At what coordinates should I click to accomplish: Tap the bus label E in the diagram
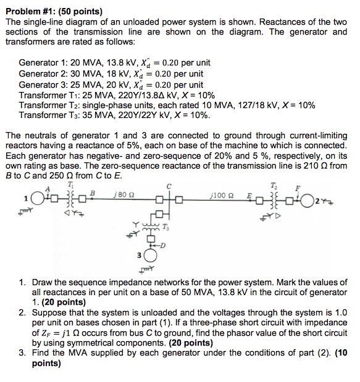[x=267, y=195]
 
